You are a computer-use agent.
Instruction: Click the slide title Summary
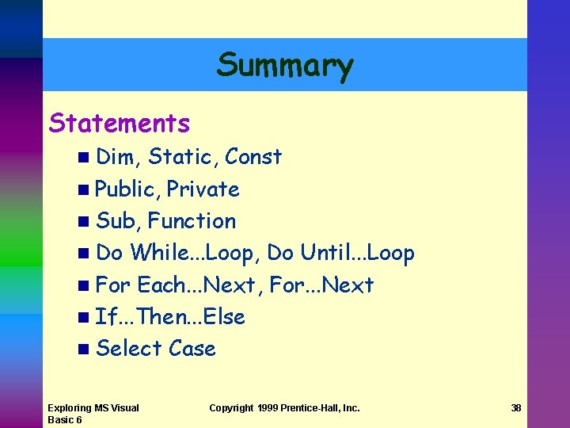pyautogui.click(x=285, y=65)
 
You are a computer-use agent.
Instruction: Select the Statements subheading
pyautogui.click(x=120, y=124)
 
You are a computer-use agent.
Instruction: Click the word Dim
pyautogui.click(x=116, y=157)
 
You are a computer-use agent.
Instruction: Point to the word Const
pyautogui.click(x=253, y=157)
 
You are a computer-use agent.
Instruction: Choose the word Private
pyautogui.click(x=203, y=189)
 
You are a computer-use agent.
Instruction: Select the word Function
pyautogui.click(x=192, y=221)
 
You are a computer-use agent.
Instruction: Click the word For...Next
pyautogui.click(x=322, y=285)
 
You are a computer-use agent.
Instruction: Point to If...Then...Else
pyautogui.click(x=170, y=317)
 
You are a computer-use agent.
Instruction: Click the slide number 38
pyautogui.click(x=516, y=408)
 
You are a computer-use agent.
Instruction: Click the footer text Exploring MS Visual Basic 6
pyautogui.click(x=93, y=414)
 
